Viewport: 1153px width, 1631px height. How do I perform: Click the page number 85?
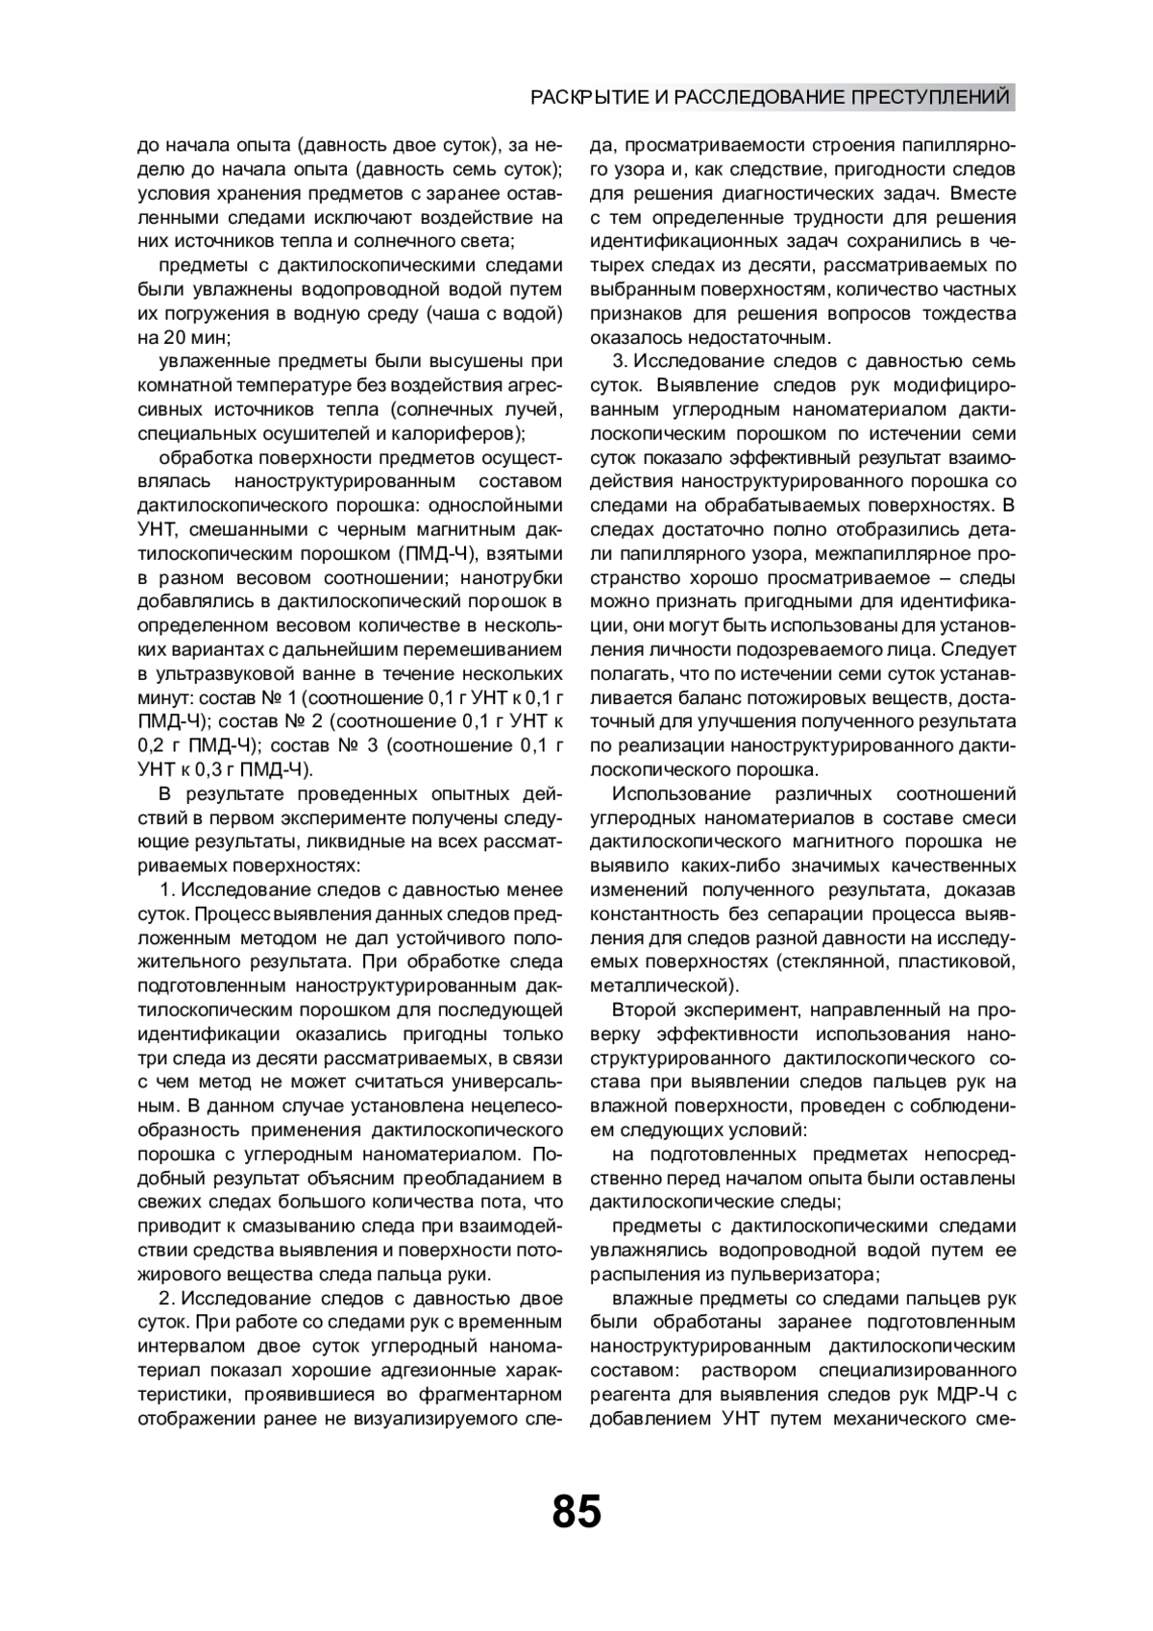(576, 1511)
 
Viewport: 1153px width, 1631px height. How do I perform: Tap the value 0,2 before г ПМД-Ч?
(154, 746)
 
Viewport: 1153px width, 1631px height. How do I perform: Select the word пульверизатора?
(808, 1275)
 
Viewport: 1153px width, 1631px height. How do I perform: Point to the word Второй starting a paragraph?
(645, 1010)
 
